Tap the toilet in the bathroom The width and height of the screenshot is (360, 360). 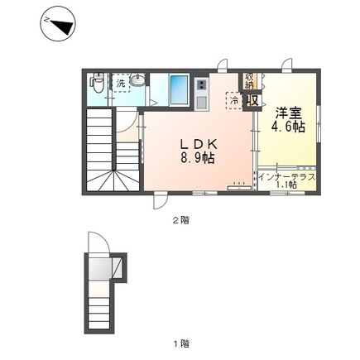click(x=96, y=84)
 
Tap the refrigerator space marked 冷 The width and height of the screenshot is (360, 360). click(x=236, y=101)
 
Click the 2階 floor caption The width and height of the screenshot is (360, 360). click(x=180, y=220)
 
